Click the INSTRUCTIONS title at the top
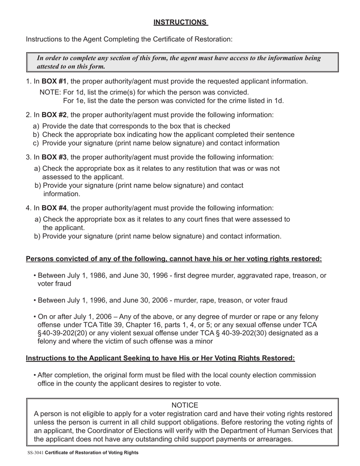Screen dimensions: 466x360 tap(180, 22)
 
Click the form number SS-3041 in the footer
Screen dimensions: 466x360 tap(35, 453)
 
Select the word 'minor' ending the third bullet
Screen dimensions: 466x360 tap(204, 341)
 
